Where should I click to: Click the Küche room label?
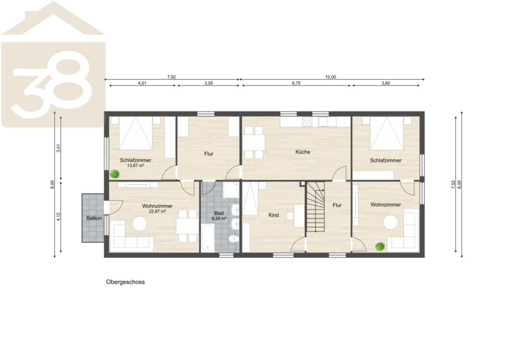click(303, 152)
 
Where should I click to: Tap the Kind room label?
click(274, 215)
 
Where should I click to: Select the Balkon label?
click(94, 218)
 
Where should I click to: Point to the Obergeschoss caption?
click(126, 282)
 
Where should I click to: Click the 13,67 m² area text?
click(136, 165)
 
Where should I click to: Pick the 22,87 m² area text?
click(157, 211)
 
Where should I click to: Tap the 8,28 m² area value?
click(219, 218)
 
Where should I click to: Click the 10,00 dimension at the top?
click(331, 77)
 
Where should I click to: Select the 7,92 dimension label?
click(171, 77)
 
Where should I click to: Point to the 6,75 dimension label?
click(296, 83)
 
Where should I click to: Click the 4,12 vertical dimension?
click(58, 217)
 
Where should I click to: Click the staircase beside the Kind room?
click(316, 207)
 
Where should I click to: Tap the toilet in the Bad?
click(234, 239)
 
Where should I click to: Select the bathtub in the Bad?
click(208, 238)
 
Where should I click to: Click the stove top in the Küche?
click(307, 122)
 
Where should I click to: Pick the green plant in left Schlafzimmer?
click(114, 174)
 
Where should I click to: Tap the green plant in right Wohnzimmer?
click(380, 247)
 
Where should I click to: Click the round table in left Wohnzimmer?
click(139, 224)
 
